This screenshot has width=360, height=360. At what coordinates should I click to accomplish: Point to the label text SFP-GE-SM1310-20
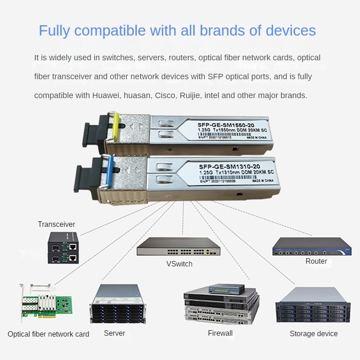(229, 166)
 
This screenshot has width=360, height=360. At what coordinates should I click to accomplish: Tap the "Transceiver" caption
(56, 224)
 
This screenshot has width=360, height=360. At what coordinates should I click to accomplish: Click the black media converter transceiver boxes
(63, 251)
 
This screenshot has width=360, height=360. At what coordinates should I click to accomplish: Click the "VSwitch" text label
(179, 264)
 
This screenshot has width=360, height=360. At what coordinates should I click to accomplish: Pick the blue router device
(312, 247)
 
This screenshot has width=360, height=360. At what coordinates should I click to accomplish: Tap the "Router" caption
(316, 261)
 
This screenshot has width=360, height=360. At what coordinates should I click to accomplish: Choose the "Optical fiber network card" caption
(48, 334)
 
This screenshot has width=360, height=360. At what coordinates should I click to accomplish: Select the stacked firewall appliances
(220, 306)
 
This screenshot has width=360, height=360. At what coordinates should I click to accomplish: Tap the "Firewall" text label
(220, 333)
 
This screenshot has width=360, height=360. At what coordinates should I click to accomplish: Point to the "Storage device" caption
(313, 333)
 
